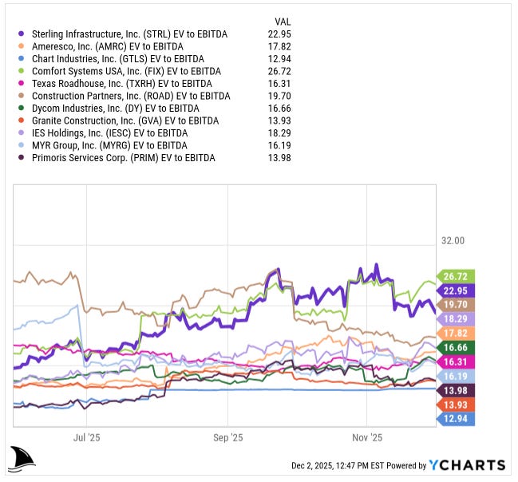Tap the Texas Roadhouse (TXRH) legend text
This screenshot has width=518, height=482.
121,83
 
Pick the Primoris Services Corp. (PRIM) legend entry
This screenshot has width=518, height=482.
123,157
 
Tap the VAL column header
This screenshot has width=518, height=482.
283,21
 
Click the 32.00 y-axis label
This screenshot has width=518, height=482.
453,240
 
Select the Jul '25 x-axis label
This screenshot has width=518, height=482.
86,437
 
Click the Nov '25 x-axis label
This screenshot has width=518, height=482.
367,437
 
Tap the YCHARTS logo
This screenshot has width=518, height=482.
467,465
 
